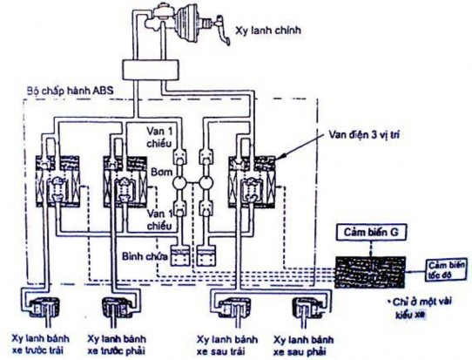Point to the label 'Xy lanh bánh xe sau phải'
pyautogui.click(x=304, y=342)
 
